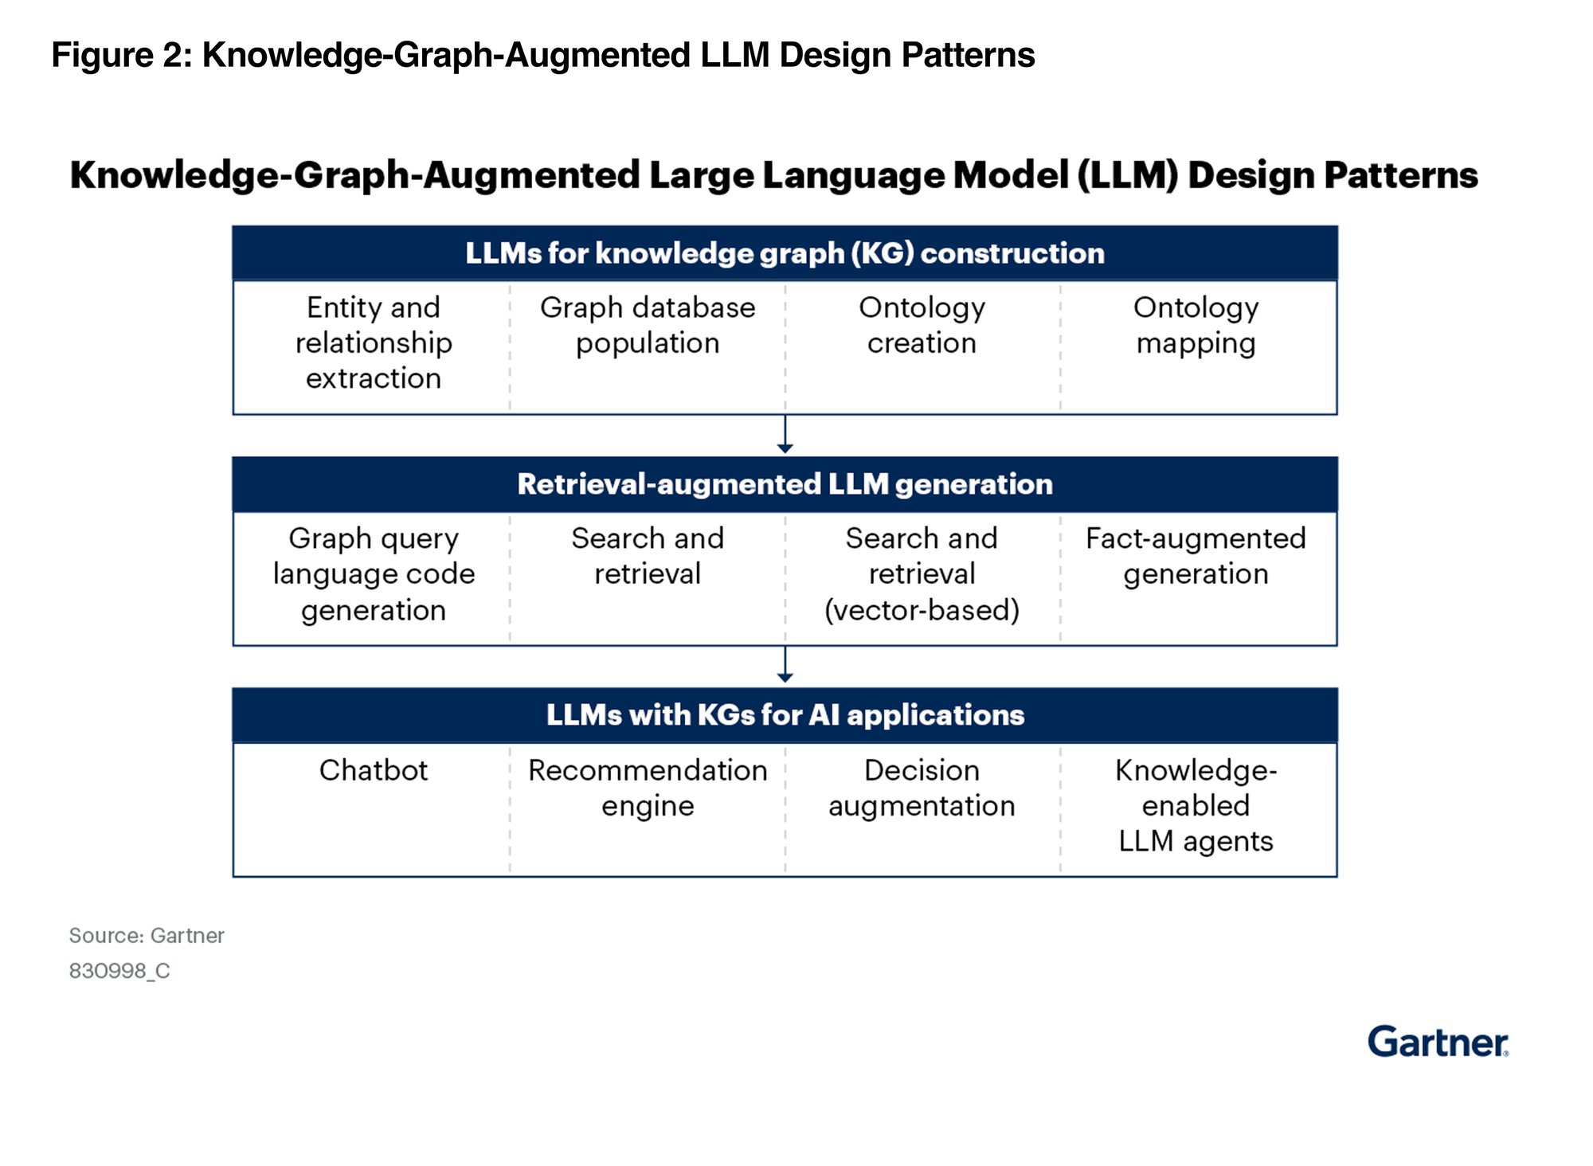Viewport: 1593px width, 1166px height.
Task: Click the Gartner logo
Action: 1437,1042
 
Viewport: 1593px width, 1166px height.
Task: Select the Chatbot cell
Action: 373,770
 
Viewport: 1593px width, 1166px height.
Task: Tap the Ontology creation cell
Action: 922,325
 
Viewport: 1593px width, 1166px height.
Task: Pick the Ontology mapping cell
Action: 1196,325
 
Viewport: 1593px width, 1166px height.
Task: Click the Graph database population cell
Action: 648,325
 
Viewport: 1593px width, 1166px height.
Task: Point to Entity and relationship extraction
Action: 373,342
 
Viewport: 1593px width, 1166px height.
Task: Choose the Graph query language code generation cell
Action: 373,574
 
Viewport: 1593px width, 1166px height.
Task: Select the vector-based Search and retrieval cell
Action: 922,574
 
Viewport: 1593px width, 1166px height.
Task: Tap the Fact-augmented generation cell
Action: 1196,556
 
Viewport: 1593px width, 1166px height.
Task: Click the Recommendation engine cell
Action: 648,788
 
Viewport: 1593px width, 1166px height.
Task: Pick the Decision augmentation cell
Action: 922,788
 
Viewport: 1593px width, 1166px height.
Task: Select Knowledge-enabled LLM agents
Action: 1196,805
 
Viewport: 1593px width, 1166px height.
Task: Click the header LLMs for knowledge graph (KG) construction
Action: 785,253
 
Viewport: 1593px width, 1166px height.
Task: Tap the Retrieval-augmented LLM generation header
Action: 785,484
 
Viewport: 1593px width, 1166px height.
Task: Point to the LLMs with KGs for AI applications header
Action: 785,715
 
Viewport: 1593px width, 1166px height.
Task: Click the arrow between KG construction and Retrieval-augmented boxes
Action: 785,435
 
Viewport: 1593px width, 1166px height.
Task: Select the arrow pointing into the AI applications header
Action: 785,666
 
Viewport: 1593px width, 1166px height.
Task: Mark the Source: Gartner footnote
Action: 147,935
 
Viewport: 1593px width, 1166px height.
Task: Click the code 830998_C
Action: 119,971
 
